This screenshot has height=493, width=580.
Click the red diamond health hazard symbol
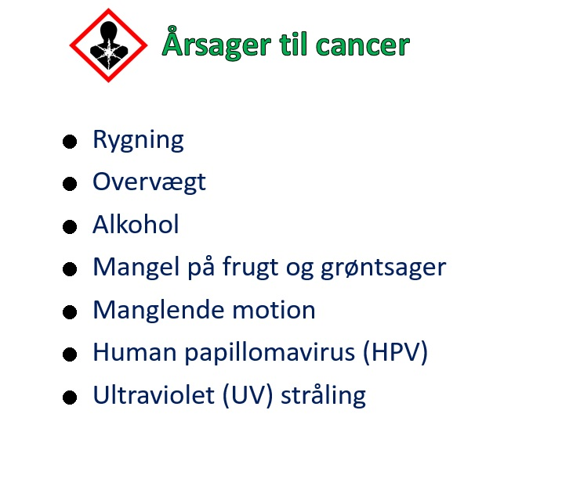(x=108, y=45)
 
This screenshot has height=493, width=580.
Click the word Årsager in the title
(x=217, y=42)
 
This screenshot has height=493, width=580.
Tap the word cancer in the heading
(x=363, y=45)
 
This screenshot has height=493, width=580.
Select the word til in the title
(x=293, y=44)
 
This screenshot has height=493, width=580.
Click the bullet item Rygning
(x=138, y=140)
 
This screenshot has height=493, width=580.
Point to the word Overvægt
(x=149, y=182)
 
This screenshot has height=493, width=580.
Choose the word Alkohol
(x=136, y=224)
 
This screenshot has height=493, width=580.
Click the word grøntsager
(x=383, y=268)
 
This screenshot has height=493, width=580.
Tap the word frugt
(x=251, y=267)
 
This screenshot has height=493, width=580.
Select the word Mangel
(x=136, y=267)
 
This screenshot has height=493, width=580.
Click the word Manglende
(x=158, y=310)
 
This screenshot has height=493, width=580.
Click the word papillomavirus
(x=270, y=353)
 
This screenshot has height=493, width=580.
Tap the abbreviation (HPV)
(x=396, y=353)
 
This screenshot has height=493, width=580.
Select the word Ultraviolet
(x=154, y=394)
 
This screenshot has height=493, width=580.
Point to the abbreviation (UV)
(x=248, y=395)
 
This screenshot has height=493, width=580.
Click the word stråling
(x=323, y=396)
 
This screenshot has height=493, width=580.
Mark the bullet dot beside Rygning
(x=70, y=142)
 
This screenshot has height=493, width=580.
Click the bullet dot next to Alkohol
(x=70, y=227)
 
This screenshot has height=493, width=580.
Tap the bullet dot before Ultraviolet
(x=70, y=398)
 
